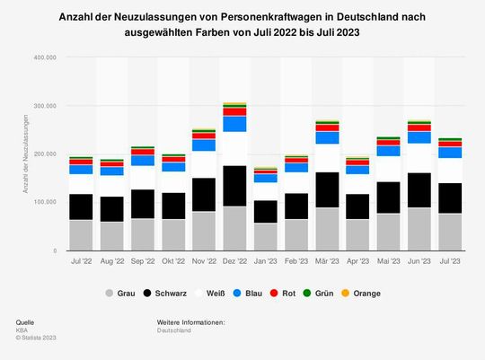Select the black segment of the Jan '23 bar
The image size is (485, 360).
click(x=266, y=212)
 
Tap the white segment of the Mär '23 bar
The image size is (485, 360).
click(x=328, y=158)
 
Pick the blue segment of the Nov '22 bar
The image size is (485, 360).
click(x=204, y=145)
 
